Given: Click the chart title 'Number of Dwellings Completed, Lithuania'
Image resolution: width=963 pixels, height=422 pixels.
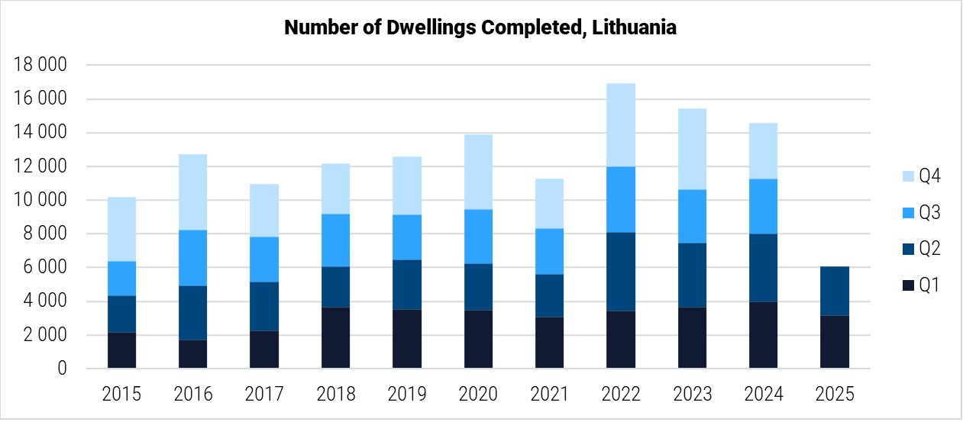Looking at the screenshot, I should pos(480,28).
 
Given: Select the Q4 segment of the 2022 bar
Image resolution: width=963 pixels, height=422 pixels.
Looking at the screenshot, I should pos(621,124).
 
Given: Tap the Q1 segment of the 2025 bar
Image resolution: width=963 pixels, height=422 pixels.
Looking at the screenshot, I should pos(835,341).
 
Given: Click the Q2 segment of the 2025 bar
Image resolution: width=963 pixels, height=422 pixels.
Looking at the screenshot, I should pos(835,291).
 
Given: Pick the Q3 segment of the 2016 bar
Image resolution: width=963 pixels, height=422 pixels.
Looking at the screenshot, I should pos(192,257).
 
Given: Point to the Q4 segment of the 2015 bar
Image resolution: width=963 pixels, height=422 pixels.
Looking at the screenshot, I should pos(121,229).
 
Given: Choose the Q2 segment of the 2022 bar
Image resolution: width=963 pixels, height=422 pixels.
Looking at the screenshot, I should pos(621,271).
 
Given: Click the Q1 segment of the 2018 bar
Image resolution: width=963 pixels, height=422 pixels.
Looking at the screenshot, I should pos(335,337).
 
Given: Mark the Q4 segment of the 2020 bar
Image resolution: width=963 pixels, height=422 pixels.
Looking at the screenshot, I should pos(478,172).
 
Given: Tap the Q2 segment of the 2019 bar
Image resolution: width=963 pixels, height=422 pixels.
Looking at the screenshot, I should pos(407,284).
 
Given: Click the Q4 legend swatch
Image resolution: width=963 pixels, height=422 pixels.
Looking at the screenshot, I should pos(907,176).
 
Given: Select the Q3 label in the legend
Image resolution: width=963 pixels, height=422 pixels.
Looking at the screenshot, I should pos(929,213).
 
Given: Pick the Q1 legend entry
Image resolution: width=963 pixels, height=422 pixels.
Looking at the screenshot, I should pos(921,285).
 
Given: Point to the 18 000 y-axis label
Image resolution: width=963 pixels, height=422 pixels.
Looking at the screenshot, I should pos(40,66).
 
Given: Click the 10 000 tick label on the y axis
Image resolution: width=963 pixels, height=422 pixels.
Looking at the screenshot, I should pos(40,201).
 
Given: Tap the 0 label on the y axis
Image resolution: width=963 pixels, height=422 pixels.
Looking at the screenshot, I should pos(63,369).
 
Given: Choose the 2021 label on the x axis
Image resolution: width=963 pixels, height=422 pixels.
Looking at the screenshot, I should pos(549,395).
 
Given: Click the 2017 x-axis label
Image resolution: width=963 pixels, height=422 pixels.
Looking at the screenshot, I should pos(264,395).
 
